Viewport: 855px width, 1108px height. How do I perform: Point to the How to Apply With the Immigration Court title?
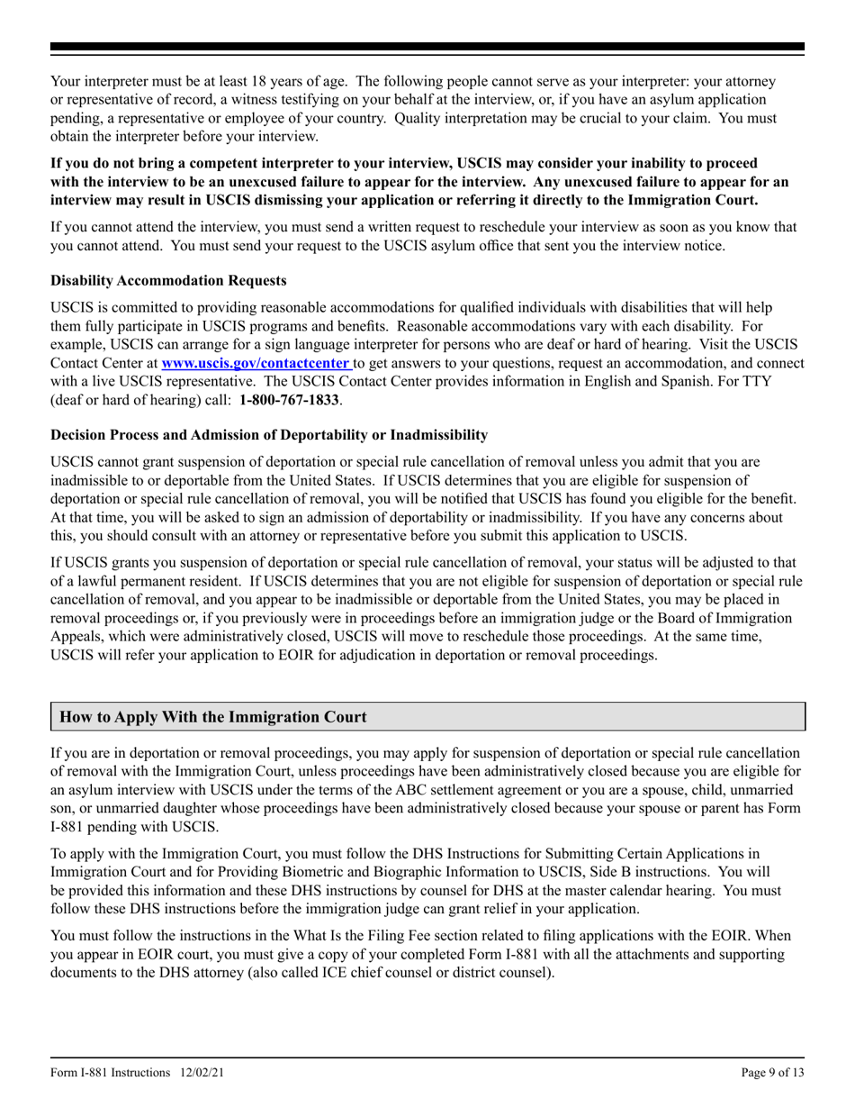pyautogui.click(x=212, y=717)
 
